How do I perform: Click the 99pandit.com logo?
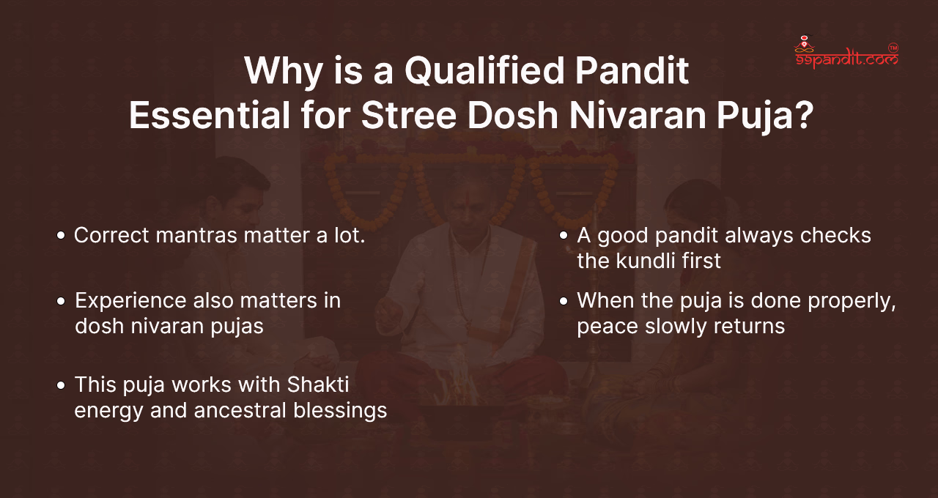(x=846, y=53)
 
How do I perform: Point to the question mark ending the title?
(x=799, y=117)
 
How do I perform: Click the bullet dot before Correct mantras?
(x=62, y=236)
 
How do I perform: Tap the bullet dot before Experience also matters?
(x=62, y=302)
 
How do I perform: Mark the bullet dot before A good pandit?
(x=564, y=236)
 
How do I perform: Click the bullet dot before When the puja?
(x=564, y=302)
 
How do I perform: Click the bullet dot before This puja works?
(x=62, y=385)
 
